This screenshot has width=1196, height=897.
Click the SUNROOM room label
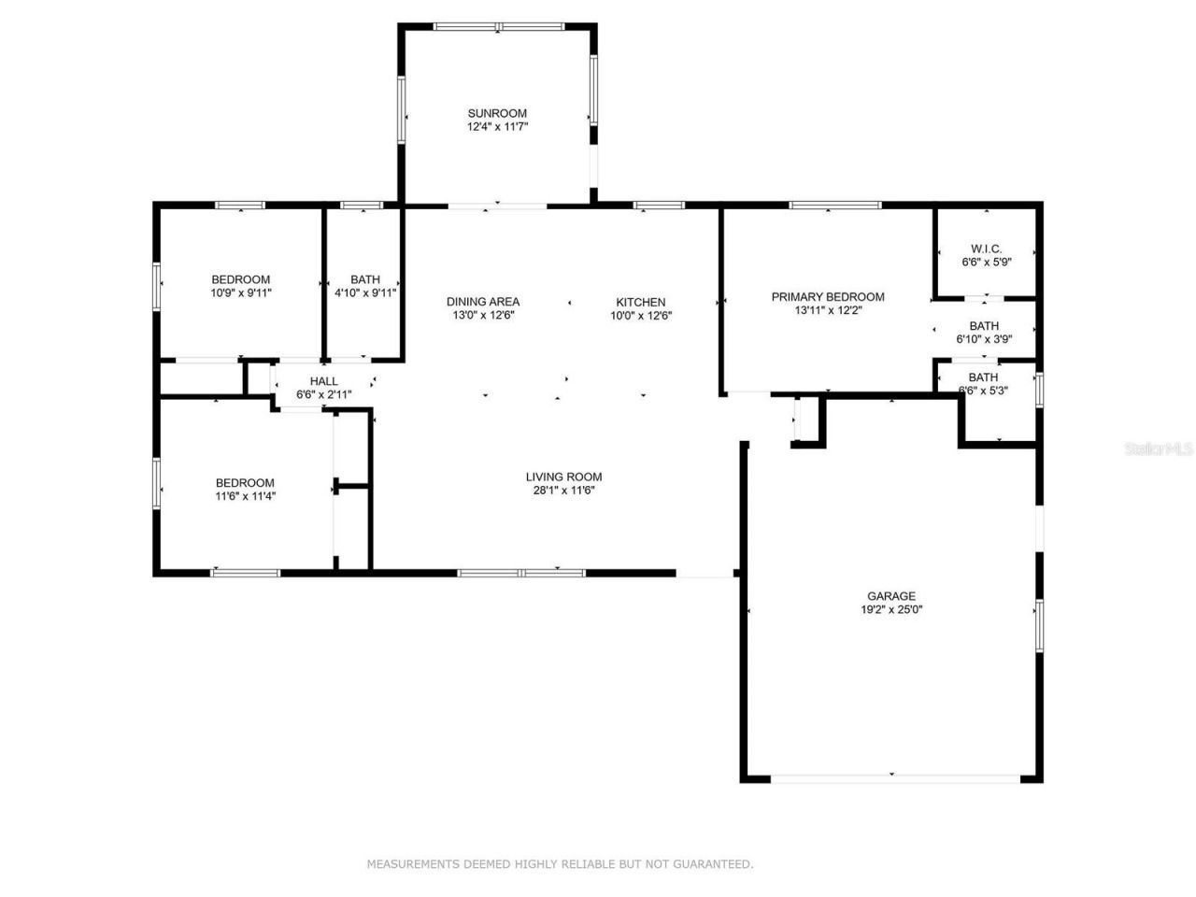(497, 113)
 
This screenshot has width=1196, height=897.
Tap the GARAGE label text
(890, 596)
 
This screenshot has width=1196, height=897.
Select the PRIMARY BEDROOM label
(827, 297)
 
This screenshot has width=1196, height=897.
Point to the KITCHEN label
(640, 302)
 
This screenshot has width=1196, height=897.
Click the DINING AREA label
(482, 302)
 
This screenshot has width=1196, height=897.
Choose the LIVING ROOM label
(563, 477)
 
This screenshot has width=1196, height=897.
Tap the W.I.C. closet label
(986, 249)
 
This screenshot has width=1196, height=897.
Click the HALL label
(323, 381)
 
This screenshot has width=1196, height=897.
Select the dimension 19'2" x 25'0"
(891, 609)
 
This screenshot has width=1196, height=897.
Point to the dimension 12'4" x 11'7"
(498, 126)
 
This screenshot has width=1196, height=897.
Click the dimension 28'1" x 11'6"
(563, 490)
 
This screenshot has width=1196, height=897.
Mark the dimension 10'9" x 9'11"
(240, 292)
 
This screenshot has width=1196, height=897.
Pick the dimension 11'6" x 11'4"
(245, 496)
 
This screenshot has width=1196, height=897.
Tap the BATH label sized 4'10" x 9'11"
(365, 279)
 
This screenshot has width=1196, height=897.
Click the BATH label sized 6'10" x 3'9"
(983, 326)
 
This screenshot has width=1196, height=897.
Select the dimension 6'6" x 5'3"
(983, 391)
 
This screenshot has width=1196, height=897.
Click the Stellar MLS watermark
(1159, 449)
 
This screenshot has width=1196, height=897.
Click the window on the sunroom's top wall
(497, 26)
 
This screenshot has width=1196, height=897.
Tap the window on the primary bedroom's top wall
(834, 205)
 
